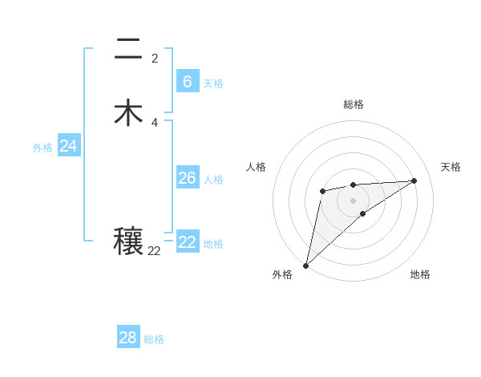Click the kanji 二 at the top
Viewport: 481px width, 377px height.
128,50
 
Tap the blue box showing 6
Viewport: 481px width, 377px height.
187,82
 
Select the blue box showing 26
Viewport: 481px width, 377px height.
187,178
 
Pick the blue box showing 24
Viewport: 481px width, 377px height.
68,146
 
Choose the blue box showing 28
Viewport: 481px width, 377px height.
127,338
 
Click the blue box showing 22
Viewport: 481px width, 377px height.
187,242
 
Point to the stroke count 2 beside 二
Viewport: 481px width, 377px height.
155,59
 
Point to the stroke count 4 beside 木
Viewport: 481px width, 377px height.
155,123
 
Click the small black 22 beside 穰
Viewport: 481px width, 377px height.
154,251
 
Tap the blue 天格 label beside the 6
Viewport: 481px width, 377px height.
212,83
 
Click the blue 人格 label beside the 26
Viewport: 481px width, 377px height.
213,180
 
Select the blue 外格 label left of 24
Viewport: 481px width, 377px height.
42,148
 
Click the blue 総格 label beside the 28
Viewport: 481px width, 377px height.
154,339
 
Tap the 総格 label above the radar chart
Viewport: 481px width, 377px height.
353,104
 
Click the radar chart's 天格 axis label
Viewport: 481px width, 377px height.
451,167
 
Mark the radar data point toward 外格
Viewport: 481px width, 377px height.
305,265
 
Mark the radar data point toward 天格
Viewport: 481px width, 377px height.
414,180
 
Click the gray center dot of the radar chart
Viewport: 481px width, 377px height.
353,200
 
